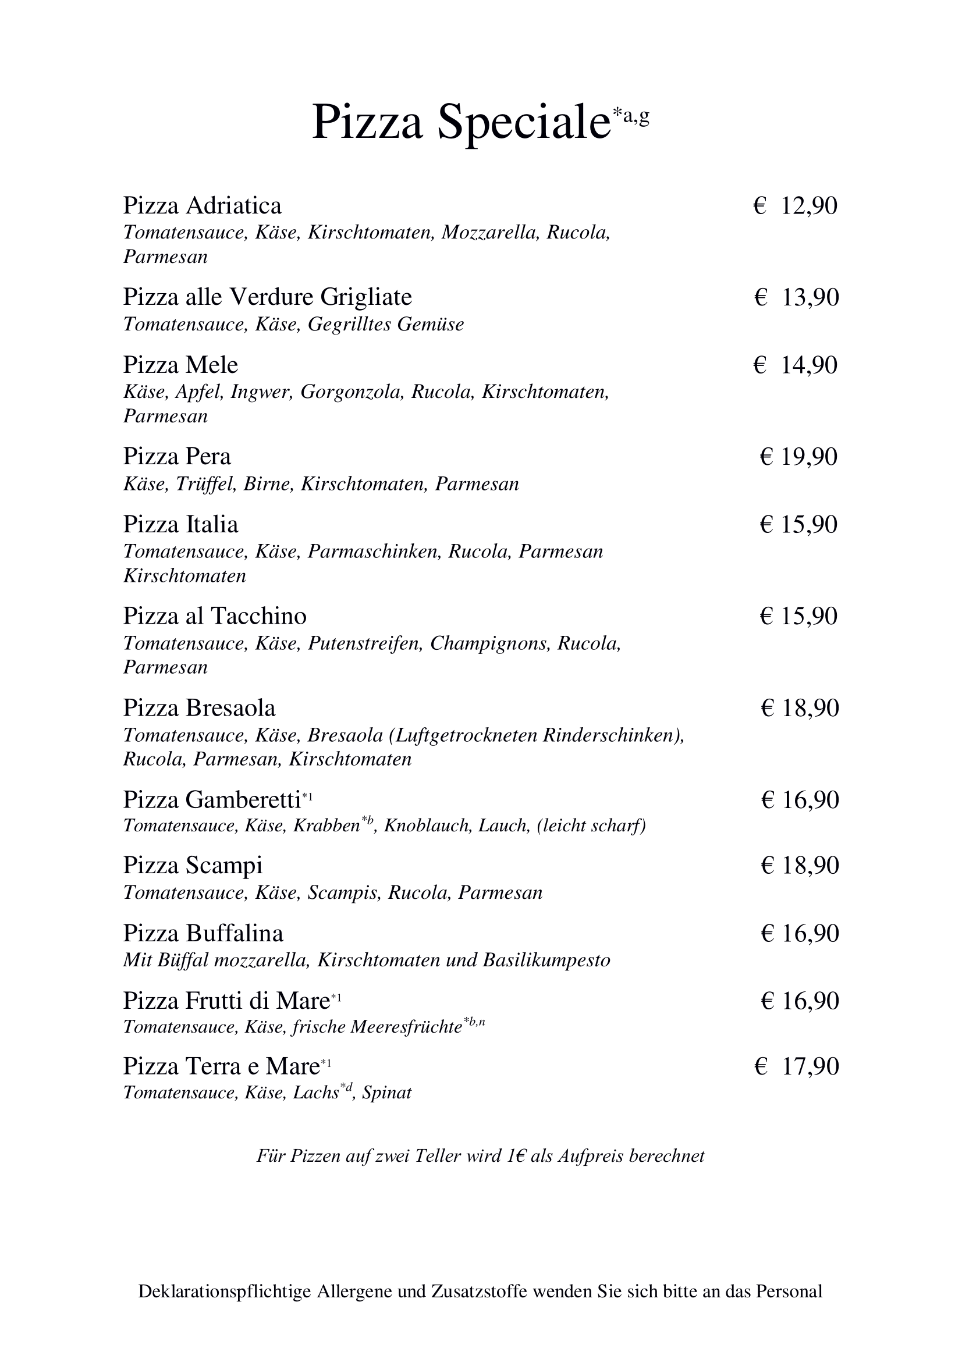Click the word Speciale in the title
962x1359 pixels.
coord(524,123)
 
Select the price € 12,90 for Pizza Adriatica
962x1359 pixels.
coord(796,206)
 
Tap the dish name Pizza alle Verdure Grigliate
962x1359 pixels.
coord(267,297)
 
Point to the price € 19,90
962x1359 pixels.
coord(798,457)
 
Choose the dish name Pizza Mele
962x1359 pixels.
coord(180,365)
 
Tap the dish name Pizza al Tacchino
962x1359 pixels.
coord(214,617)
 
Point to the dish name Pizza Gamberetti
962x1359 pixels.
coord(212,800)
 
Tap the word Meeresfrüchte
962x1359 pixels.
coord(406,1027)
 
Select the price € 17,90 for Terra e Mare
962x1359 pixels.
coord(797,1066)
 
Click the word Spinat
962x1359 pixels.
coord(387,1093)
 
